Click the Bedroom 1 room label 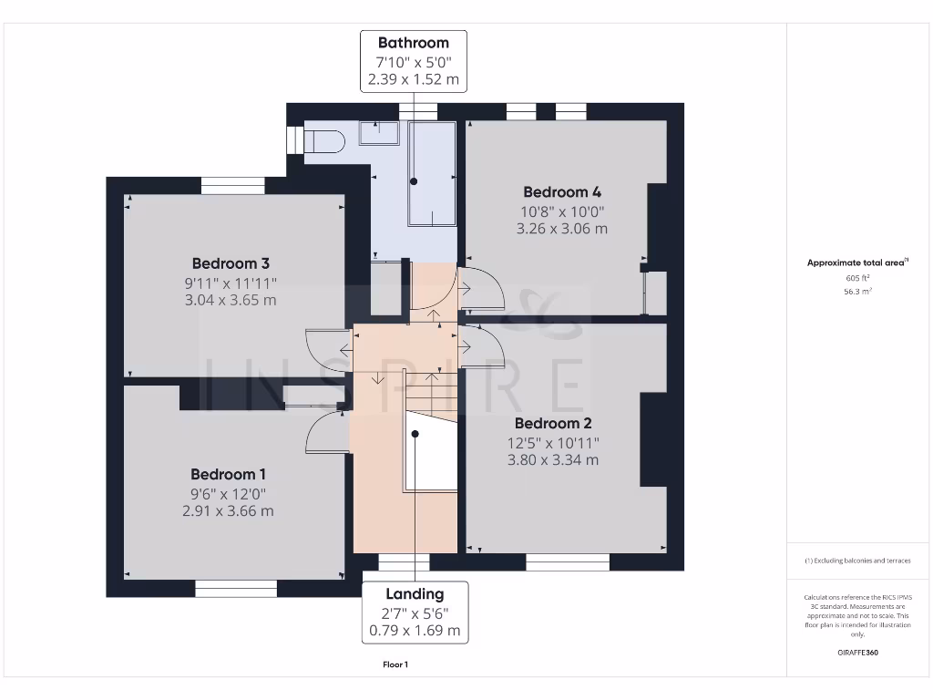click(228, 474)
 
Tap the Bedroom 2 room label click(553, 423)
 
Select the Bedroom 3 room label click(231, 263)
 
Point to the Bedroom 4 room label click(561, 191)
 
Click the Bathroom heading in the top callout click(414, 42)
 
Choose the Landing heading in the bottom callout click(415, 593)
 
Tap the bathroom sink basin click(379, 133)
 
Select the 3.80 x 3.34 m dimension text click(553, 460)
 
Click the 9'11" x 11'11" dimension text click(231, 283)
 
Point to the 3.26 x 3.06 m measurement click(561, 229)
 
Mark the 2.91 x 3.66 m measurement click(228, 511)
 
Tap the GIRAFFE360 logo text click(857, 653)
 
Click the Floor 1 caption click(395, 664)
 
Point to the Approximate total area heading click(857, 262)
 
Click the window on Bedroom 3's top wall click(232, 186)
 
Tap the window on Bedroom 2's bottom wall click(568, 562)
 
